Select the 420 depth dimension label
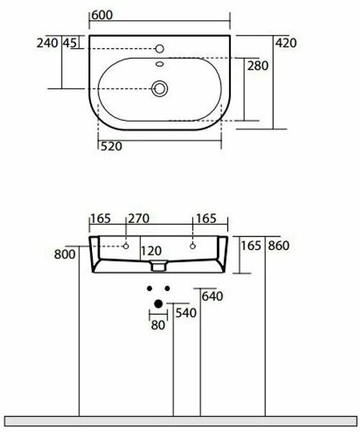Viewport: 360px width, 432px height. tap(286, 43)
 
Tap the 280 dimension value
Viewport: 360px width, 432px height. tap(257, 66)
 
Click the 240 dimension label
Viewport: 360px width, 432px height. tap(47, 43)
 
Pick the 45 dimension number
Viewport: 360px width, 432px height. tap(70, 43)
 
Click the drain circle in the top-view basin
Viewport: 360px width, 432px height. tap(160, 88)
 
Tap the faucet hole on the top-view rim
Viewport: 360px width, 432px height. tap(160, 48)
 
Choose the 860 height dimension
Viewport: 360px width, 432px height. tap(277, 246)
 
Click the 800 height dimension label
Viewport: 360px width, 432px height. tap(64, 254)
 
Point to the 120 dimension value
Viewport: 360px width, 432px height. tap(152, 252)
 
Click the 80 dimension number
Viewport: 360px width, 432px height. tap(158, 325)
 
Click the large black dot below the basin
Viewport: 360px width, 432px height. tap(158, 303)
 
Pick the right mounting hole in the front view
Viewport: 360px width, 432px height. tap(193, 247)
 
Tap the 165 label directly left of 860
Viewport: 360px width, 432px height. tap(251, 246)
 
